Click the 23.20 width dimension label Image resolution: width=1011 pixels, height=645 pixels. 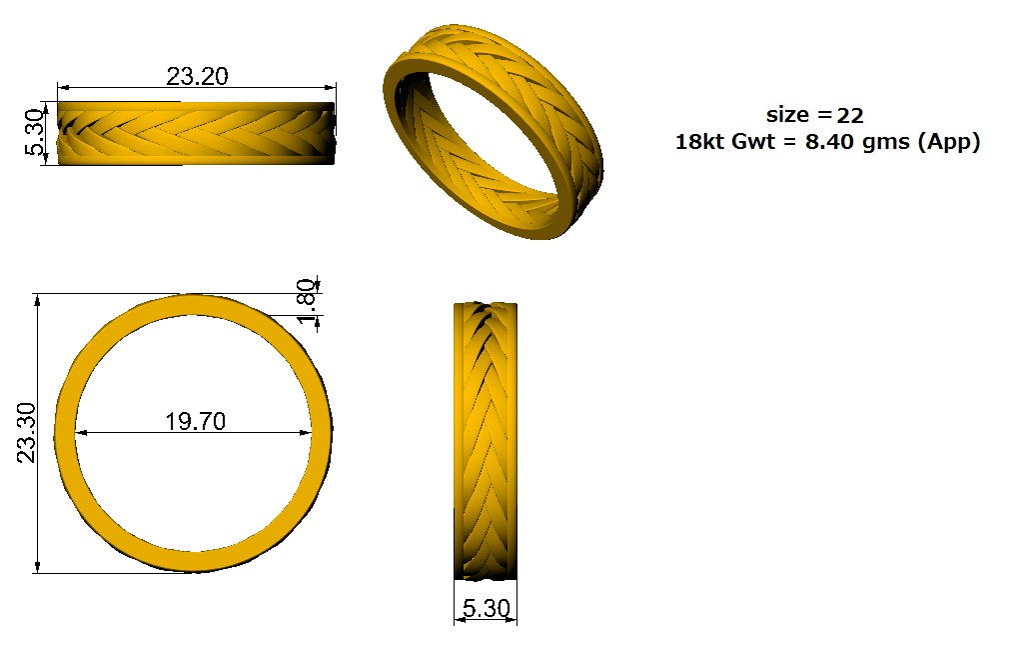(197, 76)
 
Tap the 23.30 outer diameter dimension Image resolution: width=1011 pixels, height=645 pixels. (26, 433)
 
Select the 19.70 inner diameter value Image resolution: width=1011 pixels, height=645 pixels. (196, 422)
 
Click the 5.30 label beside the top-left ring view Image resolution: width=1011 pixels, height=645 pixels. (35, 133)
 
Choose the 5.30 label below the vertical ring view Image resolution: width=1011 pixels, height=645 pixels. (487, 608)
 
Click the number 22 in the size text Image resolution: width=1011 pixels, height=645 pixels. (850, 116)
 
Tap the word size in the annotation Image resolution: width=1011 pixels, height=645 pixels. (787, 115)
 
